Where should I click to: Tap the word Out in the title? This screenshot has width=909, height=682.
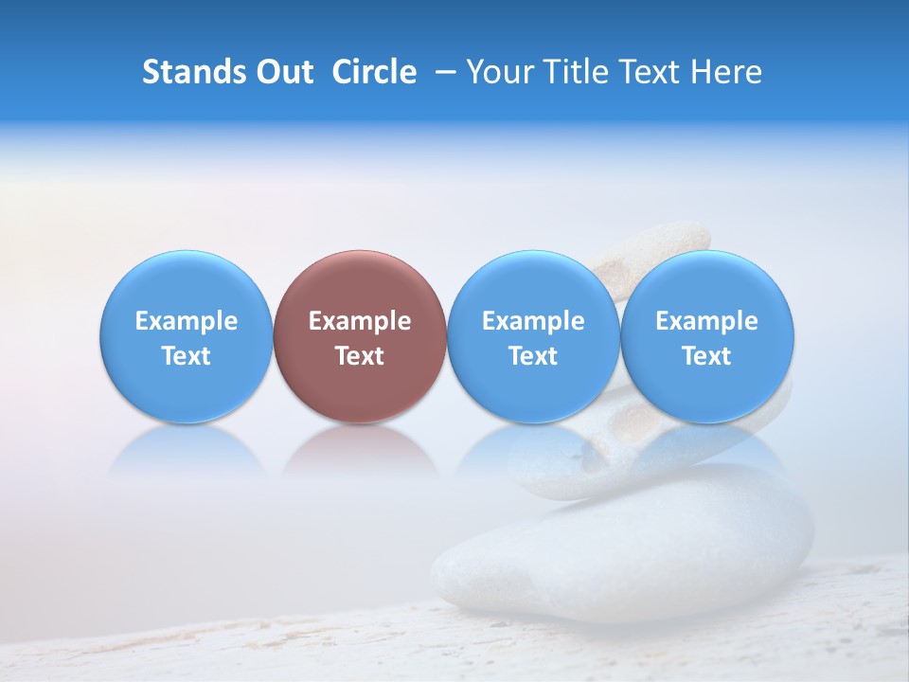click(283, 72)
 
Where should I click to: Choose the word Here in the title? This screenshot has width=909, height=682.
click(726, 72)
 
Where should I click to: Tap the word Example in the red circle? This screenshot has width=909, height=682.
click(360, 322)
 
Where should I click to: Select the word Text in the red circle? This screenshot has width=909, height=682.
click(360, 356)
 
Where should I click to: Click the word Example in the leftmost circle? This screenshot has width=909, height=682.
click(187, 322)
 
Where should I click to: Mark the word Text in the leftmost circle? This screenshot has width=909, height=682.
click(187, 356)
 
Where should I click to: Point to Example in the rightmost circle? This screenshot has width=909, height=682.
click(706, 322)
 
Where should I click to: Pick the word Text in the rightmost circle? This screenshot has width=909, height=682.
click(706, 356)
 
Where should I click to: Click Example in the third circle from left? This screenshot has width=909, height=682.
click(533, 322)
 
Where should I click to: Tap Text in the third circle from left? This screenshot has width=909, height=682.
click(533, 356)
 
